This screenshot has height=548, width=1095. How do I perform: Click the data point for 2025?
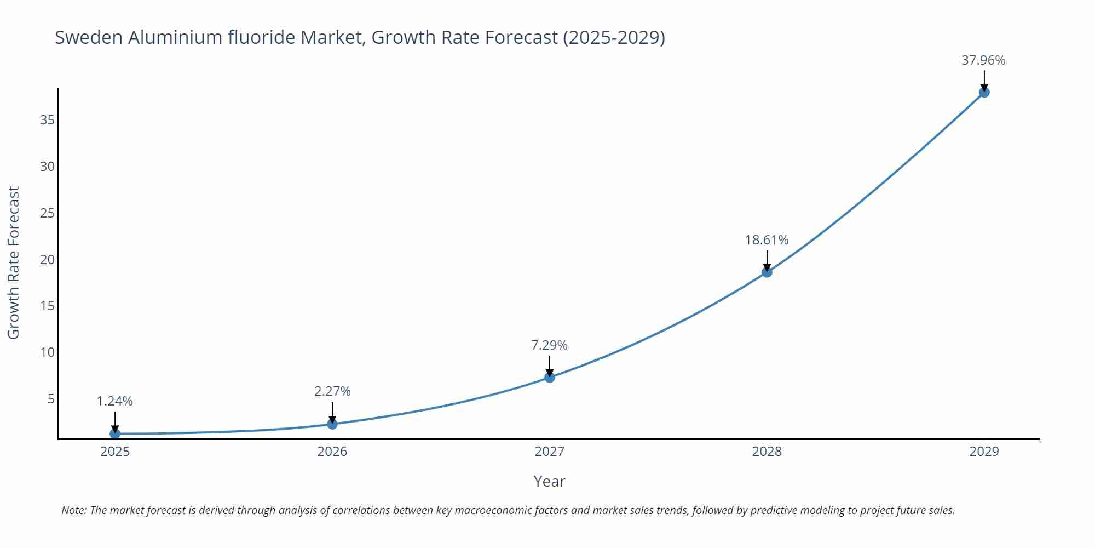click(115, 433)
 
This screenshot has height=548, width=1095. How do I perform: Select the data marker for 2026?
click(332, 424)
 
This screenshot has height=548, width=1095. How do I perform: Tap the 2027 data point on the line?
click(550, 377)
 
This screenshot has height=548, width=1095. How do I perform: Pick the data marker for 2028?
click(767, 272)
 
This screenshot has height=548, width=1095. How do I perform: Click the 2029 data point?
click(984, 92)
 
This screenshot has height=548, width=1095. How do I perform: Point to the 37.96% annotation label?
click(983, 60)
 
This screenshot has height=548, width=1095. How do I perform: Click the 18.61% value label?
click(766, 240)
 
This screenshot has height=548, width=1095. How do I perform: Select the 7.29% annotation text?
click(549, 345)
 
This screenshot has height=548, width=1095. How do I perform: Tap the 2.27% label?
click(332, 391)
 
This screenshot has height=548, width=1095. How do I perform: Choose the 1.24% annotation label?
click(115, 401)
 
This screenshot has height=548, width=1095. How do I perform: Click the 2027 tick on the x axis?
click(550, 452)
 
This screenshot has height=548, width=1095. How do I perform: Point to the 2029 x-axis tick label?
click(984, 452)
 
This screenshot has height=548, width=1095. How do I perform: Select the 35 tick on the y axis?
click(48, 120)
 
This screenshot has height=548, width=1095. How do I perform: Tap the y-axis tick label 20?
click(48, 259)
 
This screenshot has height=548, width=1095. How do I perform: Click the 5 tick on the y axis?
click(51, 398)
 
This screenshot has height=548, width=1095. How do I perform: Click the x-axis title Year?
click(549, 481)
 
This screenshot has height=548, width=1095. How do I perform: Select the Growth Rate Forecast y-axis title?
click(14, 262)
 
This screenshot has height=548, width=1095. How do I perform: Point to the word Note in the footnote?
click(73, 510)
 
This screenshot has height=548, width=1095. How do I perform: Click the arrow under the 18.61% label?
click(767, 260)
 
